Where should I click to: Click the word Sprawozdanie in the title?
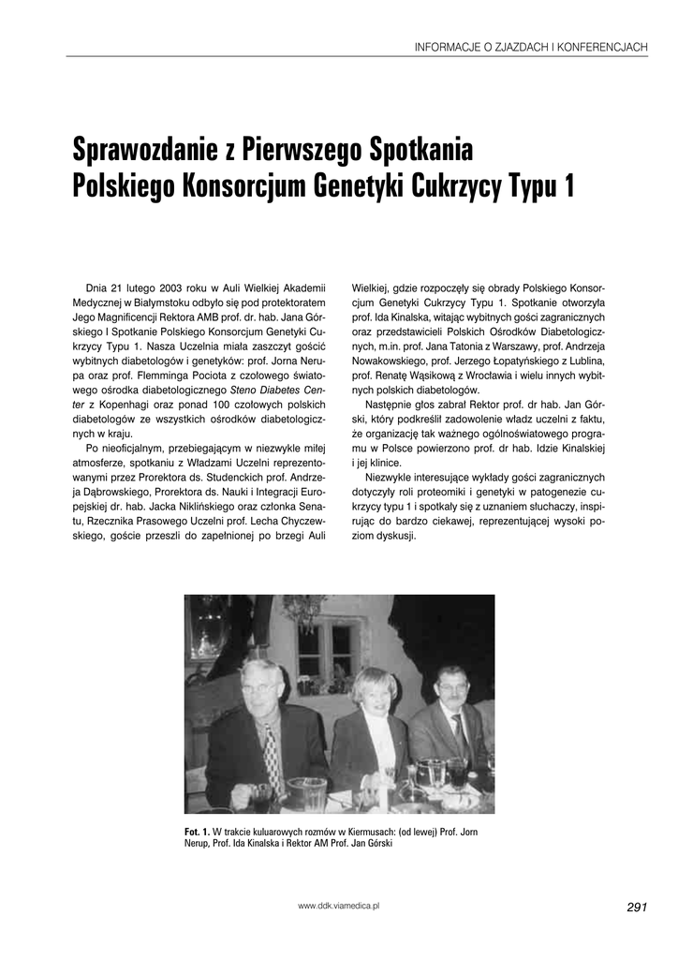[x=147, y=149]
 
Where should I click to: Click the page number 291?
[x=637, y=907]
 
